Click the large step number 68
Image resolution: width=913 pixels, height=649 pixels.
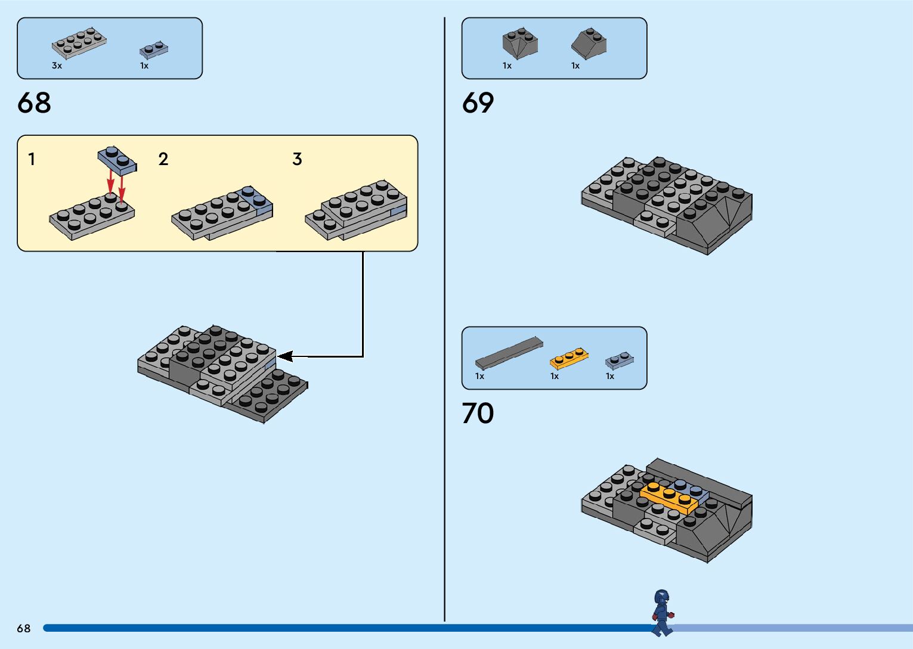pos(34,103)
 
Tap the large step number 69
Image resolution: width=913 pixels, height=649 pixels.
pos(478,103)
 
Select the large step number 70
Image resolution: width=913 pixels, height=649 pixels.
pos(478,413)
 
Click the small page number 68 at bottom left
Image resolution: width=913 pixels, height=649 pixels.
pos(24,628)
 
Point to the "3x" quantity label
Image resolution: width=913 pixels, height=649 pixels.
pos(57,66)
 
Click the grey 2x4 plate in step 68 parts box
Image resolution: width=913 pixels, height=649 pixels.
pos(79,43)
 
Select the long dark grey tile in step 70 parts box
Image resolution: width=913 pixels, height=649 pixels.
pos(509,352)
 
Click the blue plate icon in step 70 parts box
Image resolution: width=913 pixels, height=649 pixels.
pos(619,360)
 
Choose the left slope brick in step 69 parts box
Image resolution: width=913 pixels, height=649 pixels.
pos(520,44)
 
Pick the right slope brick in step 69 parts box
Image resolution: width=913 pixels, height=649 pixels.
pos(589,44)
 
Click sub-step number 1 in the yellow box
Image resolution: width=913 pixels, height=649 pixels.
pos(32,159)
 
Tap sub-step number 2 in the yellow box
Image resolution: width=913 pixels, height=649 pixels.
pos(163,159)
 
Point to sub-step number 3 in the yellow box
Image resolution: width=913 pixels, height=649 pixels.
pos(297,159)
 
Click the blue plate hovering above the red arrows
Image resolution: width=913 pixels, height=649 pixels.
pos(117,160)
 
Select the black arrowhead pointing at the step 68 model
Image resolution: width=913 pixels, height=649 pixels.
pos(285,356)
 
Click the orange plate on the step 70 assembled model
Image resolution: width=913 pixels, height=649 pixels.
pos(669,498)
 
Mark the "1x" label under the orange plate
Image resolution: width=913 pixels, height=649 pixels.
pos(555,376)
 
